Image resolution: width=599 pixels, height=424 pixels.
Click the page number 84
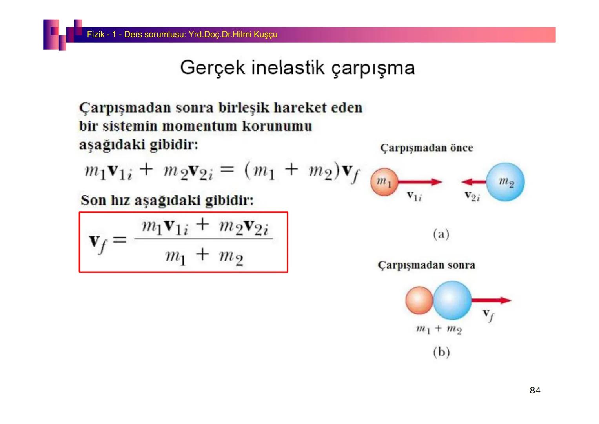coord(535,390)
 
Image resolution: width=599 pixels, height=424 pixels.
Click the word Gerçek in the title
coord(212,68)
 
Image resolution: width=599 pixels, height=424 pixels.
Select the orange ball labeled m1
coord(384,182)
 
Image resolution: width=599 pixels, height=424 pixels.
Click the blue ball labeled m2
coord(505,182)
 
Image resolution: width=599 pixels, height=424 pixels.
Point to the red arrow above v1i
coord(420,182)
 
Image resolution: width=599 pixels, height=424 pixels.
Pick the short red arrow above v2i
coord(474,182)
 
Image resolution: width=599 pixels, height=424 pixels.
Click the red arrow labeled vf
coord(491,300)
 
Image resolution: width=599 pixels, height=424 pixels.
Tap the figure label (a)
coord(441,234)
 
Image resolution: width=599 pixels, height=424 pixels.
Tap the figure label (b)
coord(441,352)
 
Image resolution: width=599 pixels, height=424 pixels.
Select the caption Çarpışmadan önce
coord(426,148)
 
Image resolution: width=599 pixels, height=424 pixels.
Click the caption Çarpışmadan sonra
coord(426,265)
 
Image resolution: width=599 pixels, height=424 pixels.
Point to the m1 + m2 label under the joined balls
coord(439,329)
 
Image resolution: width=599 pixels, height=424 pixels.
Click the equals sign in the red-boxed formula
coord(120,239)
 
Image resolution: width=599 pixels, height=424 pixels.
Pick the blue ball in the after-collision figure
coord(452,300)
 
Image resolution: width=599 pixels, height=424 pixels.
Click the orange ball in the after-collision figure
coord(419,300)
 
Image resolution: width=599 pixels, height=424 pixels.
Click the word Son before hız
coord(93,201)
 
